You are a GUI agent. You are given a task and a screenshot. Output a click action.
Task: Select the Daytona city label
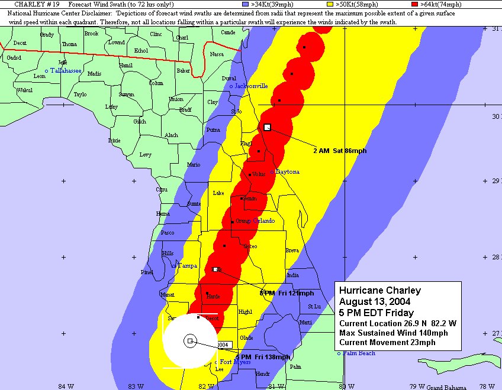tap(287, 172)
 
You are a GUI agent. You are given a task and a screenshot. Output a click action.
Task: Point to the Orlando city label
tap(264, 220)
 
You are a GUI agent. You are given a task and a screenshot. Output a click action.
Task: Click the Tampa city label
tap(187, 266)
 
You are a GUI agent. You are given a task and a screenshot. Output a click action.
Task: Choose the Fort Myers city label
tap(235, 362)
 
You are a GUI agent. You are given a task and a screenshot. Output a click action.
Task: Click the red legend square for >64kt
tap(415, 4)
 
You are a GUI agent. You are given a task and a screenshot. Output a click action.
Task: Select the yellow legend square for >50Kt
tap(330, 4)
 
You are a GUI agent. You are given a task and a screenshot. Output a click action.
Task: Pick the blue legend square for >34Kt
tap(246, 4)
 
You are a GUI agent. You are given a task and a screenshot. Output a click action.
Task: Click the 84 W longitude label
tap(66, 386)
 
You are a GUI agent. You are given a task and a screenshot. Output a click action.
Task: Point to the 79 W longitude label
tap(417, 386)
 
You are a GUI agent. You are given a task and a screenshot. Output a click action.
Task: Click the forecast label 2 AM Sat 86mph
tap(339, 151)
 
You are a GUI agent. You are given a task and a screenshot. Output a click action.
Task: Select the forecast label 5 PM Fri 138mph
tap(263, 357)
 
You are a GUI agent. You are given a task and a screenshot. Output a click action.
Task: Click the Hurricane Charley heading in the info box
tap(380, 290)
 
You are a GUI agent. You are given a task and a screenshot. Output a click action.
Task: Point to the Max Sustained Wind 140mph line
tap(393, 333)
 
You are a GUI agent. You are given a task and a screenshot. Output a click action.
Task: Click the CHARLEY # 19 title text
tap(36, 4)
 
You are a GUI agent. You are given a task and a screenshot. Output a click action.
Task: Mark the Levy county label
tap(145, 155)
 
